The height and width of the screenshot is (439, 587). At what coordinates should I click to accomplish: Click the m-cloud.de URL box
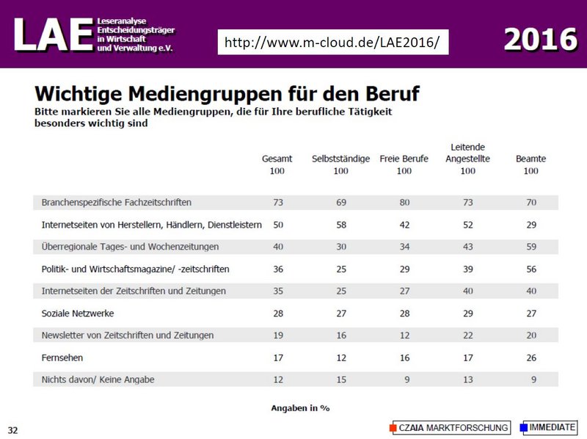(x=332, y=43)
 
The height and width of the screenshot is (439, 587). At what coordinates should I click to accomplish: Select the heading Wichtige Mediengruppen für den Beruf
(x=227, y=94)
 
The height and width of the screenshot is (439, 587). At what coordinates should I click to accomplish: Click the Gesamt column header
(x=277, y=159)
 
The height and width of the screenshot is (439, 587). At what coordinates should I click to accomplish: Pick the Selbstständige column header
(x=340, y=159)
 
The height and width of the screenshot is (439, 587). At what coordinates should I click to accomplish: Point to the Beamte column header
(x=531, y=159)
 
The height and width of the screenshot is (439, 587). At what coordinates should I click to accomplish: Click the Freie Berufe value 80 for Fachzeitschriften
(x=404, y=202)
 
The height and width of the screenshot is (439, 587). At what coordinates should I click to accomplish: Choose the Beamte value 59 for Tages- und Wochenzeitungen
(x=531, y=247)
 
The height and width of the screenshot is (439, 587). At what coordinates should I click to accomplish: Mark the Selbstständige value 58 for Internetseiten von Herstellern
(x=340, y=224)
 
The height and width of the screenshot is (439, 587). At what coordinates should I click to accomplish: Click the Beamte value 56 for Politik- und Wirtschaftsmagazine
(x=531, y=269)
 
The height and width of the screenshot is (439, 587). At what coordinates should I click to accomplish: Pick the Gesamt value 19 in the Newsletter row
(x=277, y=335)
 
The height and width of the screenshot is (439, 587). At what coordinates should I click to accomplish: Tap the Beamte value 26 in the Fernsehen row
(x=531, y=358)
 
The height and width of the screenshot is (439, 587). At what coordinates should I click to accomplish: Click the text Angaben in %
(x=299, y=407)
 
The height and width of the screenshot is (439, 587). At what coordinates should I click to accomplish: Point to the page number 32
(x=13, y=429)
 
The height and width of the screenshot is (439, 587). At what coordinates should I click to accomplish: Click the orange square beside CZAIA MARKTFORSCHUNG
(x=393, y=427)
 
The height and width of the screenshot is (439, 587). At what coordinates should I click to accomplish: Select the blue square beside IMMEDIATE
(x=523, y=427)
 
